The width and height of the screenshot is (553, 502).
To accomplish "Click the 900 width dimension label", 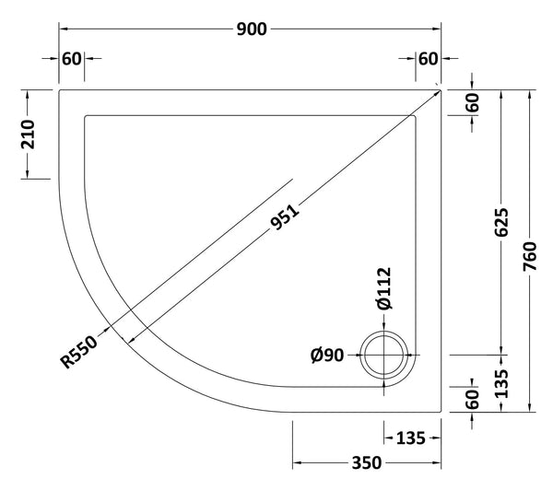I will pos(250,29).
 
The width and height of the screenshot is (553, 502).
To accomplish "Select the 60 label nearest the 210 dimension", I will pos(72,60).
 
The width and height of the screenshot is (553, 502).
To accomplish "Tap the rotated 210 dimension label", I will pos(27,134).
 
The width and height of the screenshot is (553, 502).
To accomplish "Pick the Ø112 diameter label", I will pos(383,290).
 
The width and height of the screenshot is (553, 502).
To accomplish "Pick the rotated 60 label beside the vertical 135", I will pos(472,398).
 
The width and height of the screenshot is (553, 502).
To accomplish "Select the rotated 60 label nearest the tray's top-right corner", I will pos(472,104).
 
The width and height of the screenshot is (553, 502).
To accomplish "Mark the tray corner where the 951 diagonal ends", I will pos(440,89).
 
